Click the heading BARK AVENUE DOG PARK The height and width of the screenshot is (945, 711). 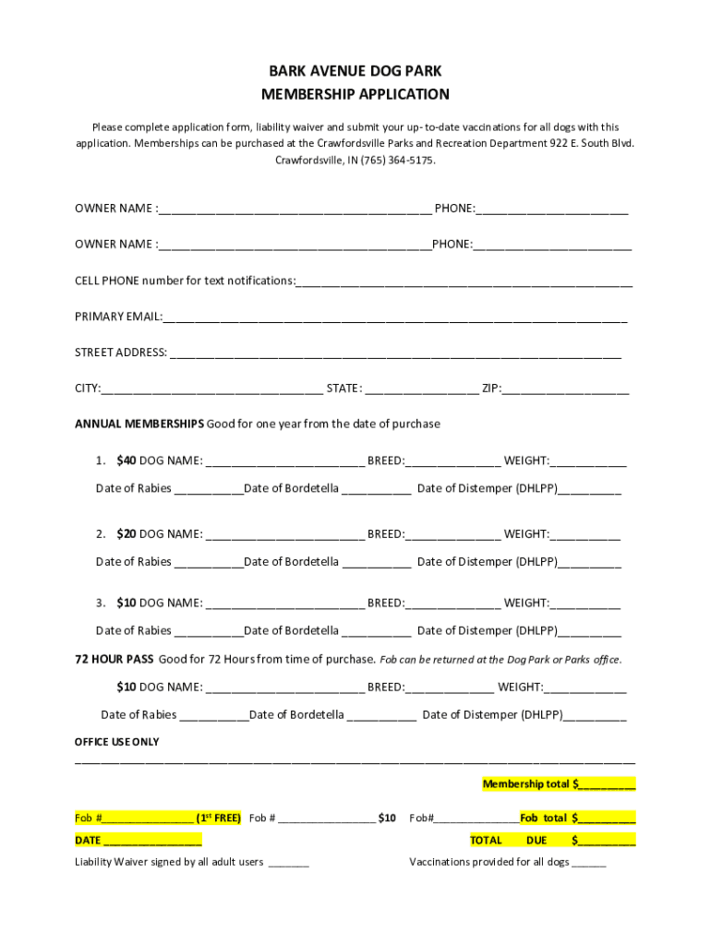click(x=355, y=71)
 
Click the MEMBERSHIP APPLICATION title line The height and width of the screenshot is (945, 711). click(x=355, y=94)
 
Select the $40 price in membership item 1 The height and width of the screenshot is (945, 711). click(x=127, y=461)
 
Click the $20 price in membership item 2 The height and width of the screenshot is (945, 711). click(x=127, y=533)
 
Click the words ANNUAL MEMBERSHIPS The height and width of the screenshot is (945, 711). click(x=139, y=424)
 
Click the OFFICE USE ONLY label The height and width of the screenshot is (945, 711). click(x=116, y=742)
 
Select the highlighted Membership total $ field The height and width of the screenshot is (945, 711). click(x=559, y=784)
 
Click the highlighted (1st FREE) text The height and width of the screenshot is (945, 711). click(x=218, y=818)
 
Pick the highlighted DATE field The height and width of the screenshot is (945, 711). click(x=139, y=840)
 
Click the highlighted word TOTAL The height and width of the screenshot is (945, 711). click(x=486, y=840)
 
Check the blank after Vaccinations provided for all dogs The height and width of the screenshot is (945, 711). click(x=589, y=864)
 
